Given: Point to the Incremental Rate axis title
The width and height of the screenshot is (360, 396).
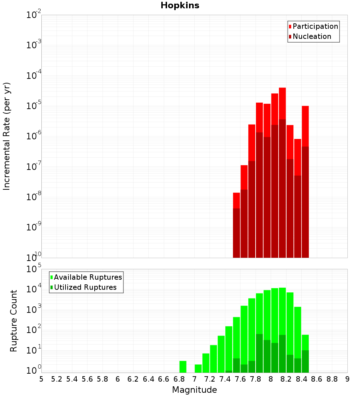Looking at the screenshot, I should (7, 136).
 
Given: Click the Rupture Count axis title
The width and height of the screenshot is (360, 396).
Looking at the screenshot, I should (14, 321).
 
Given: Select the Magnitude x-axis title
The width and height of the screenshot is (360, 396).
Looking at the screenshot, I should (194, 390).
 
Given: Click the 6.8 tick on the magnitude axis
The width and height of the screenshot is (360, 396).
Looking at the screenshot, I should (179, 379).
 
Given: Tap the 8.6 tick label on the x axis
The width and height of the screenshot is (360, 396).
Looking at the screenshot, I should (317, 379).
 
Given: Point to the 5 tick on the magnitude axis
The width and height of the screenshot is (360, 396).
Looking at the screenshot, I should (41, 379).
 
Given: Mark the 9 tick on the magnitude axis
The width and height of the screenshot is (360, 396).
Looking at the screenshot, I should (347, 379).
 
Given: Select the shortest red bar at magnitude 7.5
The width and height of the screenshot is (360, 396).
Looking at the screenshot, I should (237, 200).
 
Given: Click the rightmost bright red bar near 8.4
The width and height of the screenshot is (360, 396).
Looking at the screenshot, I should (305, 126).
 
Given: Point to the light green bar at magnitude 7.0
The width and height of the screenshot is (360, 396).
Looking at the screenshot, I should (198, 369).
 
